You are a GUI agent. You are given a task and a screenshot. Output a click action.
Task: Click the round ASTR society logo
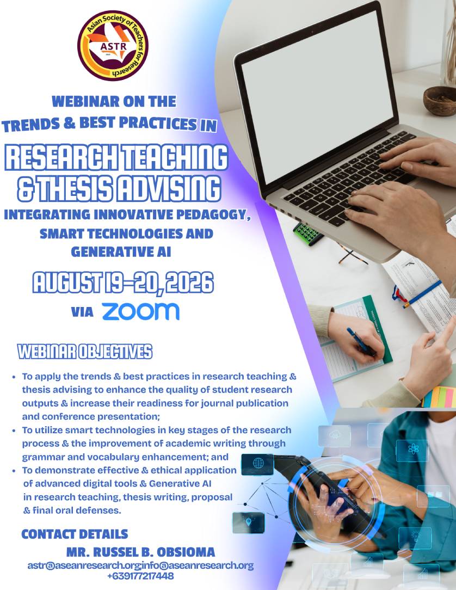click(x=113, y=46)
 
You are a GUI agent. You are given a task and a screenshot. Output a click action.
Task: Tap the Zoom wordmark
click(x=141, y=311)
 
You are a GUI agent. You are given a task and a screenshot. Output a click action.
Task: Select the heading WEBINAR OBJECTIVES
click(x=85, y=352)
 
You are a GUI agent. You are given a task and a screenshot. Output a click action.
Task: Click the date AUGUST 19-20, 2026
click(x=123, y=282)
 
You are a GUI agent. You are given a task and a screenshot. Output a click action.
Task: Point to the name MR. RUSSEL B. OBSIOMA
click(x=141, y=552)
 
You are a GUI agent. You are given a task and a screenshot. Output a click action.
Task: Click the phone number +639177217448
click(x=140, y=576)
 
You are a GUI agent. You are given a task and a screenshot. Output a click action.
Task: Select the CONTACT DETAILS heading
click(x=75, y=534)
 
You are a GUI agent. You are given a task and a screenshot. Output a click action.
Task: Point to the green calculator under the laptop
click(x=308, y=233)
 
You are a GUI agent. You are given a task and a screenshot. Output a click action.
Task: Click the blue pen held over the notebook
click(x=361, y=342)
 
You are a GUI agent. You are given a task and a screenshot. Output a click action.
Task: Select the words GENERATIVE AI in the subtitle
click(x=121, y=251)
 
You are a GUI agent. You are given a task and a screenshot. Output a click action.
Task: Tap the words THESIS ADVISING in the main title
click(x=128, y=188)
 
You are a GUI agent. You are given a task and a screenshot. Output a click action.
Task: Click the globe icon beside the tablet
click(x=258, y=463)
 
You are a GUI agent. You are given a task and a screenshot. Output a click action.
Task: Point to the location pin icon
click(x=248, y=523)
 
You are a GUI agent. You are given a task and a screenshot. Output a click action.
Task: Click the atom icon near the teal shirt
click(x=412, y=448)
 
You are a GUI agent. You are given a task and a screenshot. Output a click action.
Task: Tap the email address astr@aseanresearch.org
click(x=84, y=566)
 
